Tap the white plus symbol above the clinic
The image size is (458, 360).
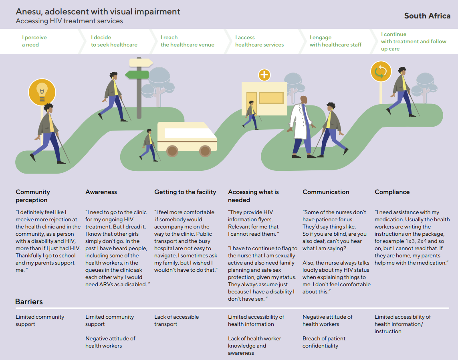[264, 75]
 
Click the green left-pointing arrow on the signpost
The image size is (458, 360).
[137, 75]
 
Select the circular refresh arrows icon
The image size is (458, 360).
[381, 71]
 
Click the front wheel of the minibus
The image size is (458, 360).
[205, 151]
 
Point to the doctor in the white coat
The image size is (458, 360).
[302, 127]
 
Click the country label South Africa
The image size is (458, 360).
[427, 16]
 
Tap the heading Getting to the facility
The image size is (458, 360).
[185, 192]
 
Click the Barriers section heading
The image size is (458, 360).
[29, 301]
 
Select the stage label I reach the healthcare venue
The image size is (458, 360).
[187, 41]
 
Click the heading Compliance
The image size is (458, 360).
[392, 192]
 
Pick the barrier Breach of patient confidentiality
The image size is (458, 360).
[324, 342]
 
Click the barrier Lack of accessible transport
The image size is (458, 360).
[176, 321]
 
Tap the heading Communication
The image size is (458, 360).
[326, 192]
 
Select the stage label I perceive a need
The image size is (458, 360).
[34, 41]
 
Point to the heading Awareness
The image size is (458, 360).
[101, 192]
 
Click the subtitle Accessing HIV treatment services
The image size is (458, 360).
[69, 21]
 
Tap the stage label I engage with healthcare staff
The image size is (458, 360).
[335, 41]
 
